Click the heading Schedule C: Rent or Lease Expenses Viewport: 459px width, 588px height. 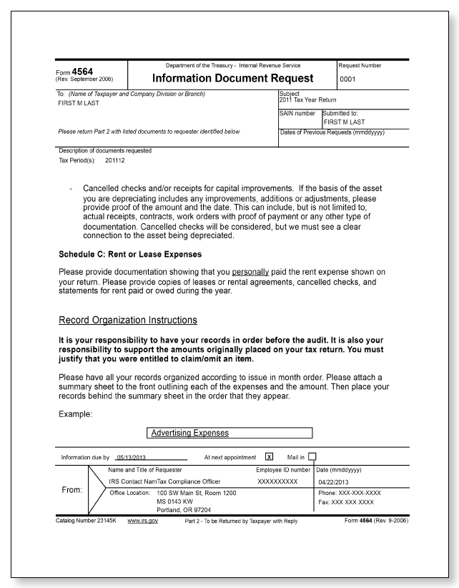pyautogui.click(x=129, y=254)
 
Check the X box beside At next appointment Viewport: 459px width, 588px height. pyautogui.click(x=269, y=456)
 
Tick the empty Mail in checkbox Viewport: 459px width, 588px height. pyautogui.click(x=312, y=456)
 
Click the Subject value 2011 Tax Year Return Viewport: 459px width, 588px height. pyautogui.click(x=307, y=99)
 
